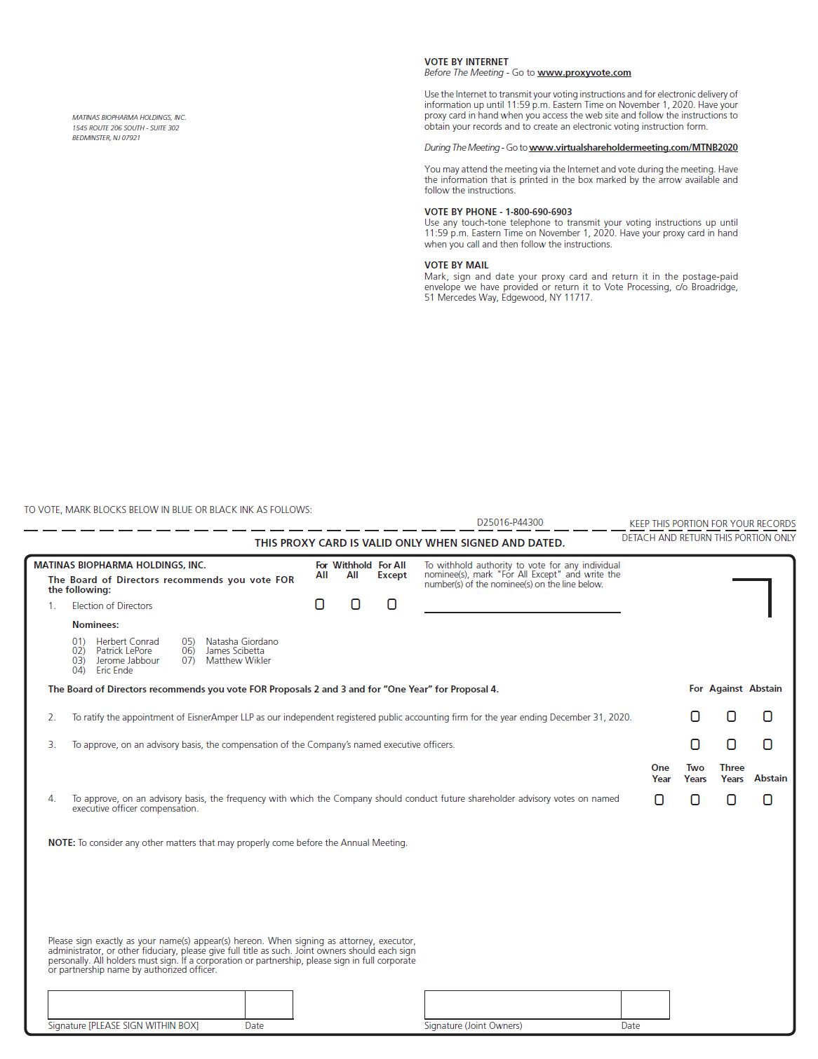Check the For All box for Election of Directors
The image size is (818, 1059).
[320, 604]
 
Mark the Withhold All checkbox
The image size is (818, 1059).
[356, 604]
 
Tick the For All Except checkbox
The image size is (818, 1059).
[392, 604]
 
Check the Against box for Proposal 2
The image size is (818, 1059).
[731, 716]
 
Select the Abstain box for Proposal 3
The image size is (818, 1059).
[767, 744]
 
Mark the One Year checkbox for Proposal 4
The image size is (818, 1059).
[659, 800]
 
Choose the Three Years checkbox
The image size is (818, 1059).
[731, 800]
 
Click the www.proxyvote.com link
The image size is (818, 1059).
[584, 73]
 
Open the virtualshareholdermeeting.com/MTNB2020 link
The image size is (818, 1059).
[633, 148]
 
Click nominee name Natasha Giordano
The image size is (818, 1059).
[241, 641]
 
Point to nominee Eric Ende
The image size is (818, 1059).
[114, 670]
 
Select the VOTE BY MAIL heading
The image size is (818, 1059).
[456, 265]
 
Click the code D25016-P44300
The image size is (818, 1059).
[509, 522]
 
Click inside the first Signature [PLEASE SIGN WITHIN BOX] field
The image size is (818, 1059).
[146, 1004]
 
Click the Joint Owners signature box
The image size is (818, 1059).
[522, 1004]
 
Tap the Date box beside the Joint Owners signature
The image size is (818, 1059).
[645, 1004]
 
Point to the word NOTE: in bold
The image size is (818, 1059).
[62, 842]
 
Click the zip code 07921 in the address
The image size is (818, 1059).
[130, 138]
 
